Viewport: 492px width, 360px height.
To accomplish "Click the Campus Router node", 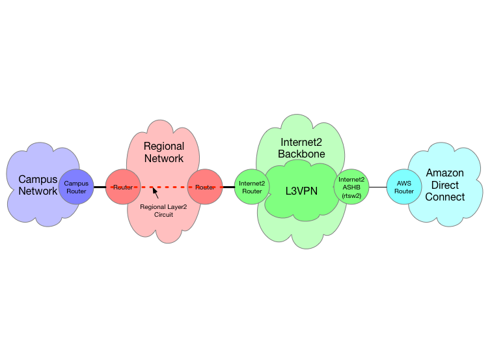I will pyautogui.click(x=76, y=187).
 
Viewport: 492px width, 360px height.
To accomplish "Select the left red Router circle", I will pyautogui.click(x=122, y=187).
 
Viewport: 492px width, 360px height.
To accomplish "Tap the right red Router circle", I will pyautogui.click(x=205, y=187).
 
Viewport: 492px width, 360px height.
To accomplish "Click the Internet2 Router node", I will pyautogui.click(x=251, y=187).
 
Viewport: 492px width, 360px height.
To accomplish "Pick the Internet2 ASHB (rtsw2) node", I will pyautogui.click(x=352, y=187).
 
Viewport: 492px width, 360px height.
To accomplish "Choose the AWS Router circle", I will pyautogui.click(x=404, y=187).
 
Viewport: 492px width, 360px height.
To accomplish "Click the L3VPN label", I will pyautogui.click(x=302, y=191).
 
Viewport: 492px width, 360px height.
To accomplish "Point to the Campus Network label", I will pyautogui.click(x=38, y=185).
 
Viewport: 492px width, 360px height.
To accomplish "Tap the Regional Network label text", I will pyautogui.click(x=163, y=152).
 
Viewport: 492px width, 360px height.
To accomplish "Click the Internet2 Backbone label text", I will pyautogui.click(x=301, y=148).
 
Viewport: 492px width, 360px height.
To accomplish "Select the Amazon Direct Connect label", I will pyautogui.click(x=445, y=185).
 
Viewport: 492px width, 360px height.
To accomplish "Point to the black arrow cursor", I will pyautogui.click(x=155, y=192).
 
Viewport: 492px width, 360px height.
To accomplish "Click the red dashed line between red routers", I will pyautogui.click(x=172, y=187).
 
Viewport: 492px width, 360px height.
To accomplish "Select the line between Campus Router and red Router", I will pyautogui.click(x=100, y=187).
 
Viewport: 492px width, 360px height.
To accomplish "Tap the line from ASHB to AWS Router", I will pyautogui.click(x=378, y=187).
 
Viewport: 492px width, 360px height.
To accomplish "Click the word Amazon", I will pyautogui.click(x=445, y=173).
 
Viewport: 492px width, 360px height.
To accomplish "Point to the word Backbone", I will pyautogui.click(x=301, y=154).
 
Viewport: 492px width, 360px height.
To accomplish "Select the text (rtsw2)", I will pyautogui.click(x=352, y=196).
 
